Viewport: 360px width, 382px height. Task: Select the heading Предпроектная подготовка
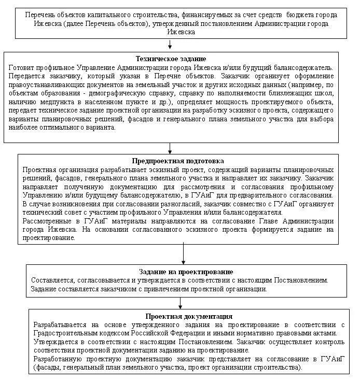pyautogui.click(x=177, y=161)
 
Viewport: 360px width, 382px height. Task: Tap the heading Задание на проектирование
pyautogui.click(x=186, y=272)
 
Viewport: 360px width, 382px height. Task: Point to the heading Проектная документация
pyautogui.click(x=188, y=316)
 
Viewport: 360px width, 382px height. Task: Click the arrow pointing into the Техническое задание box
pyautogui.click(x=171, y=46)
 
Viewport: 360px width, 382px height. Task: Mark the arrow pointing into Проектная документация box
pyautogui.click(x=181, y=303)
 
